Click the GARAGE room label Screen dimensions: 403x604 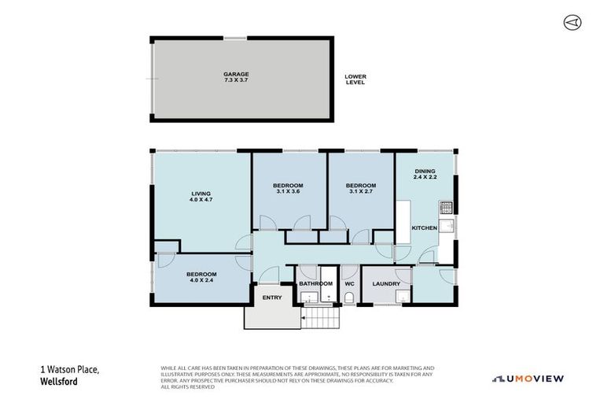236,74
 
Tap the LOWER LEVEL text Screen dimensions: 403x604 355,79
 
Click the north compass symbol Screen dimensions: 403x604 572,23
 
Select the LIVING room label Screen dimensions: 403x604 201,193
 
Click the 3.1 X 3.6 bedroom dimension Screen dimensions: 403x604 288,191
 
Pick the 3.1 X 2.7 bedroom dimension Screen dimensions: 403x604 361,191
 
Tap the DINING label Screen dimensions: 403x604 425,172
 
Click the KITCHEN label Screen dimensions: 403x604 425,227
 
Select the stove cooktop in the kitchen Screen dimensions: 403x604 445,208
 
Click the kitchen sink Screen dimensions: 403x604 446,227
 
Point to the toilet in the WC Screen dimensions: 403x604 349,298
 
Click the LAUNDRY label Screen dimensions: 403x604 386,283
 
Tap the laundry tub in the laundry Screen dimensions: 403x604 402,297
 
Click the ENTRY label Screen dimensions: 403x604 271,297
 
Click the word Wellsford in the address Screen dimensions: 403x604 58,383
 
